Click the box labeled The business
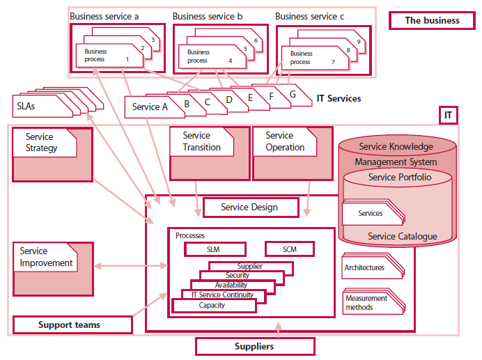point(432,20)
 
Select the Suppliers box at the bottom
point(254,346)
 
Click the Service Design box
point(249,207)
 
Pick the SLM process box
point(215,249)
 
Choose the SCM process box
point(289,249)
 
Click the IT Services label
point(339,99)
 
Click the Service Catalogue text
point(402,236)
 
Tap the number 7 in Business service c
point(332,62)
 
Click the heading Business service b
point(207,16)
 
